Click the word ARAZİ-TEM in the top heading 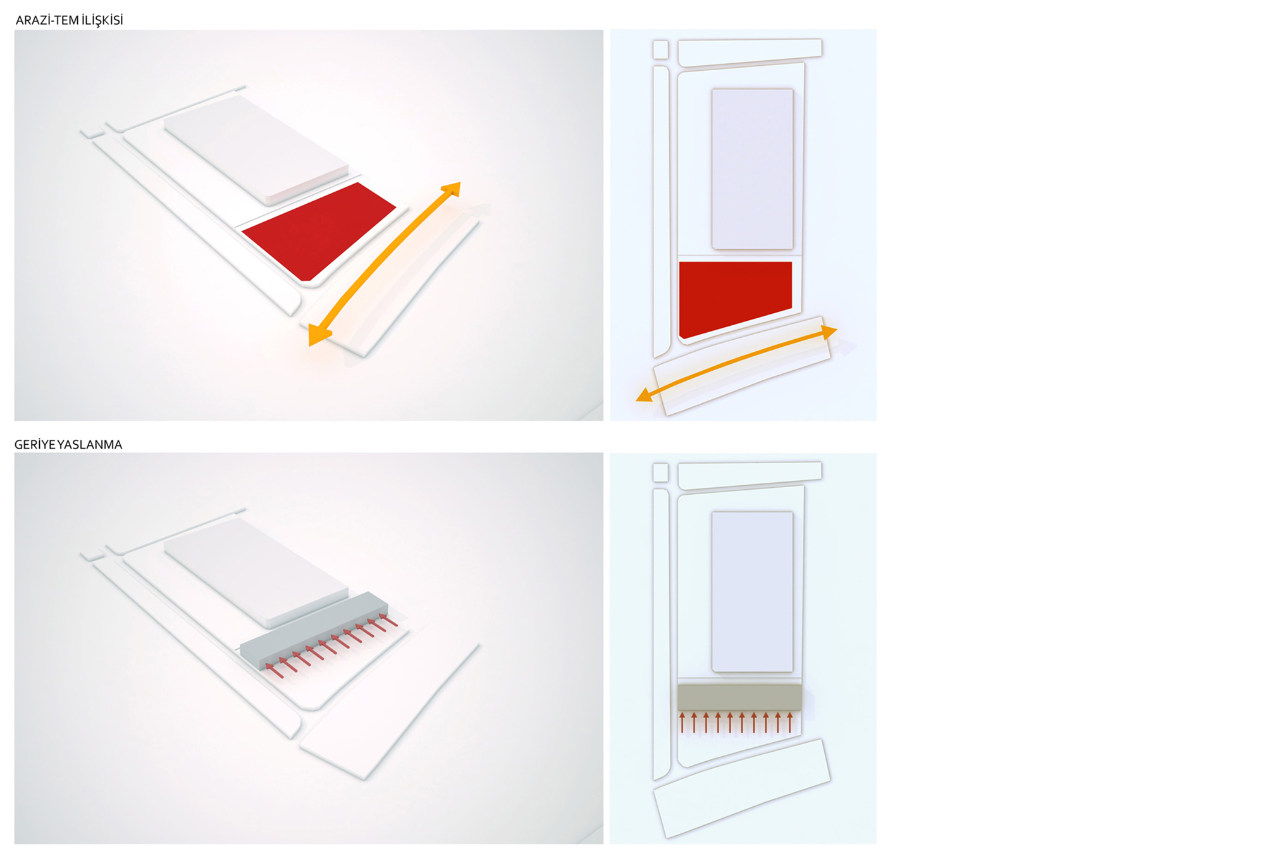(47, 20)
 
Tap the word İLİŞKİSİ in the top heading (102, 20)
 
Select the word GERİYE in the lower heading (35, 445)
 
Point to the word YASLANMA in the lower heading (90, 445)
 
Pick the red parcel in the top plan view (735, 297)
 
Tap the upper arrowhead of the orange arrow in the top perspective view (452, 189)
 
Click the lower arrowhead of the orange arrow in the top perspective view (318, 334)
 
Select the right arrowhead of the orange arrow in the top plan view (829, 332)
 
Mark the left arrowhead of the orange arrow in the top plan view (644, 395)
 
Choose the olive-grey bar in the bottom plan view (739, 697)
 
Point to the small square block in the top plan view (660, 49)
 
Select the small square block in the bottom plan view (660, 472)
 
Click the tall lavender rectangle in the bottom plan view (752, 592)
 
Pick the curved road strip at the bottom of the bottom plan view (741, 788)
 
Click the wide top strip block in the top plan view (750, 53)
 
